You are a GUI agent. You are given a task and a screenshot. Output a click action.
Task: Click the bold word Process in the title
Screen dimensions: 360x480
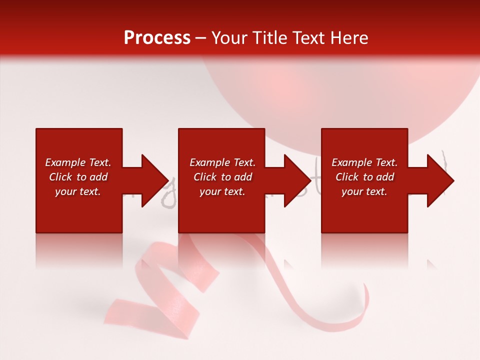[157, 38]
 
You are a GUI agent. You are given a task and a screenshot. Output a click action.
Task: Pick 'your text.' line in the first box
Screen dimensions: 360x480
[78, 191]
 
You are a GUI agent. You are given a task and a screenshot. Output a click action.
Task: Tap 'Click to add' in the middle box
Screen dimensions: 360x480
[222, 177]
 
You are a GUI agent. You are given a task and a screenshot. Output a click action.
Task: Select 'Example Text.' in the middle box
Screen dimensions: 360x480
[222, 162]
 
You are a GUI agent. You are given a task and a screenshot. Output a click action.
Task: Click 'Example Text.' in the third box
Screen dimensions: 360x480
[364, 162]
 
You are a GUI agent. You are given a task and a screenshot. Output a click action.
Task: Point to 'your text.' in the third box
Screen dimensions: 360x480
[364, 191]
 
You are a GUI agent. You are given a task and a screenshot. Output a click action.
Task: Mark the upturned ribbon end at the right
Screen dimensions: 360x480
[364, 300]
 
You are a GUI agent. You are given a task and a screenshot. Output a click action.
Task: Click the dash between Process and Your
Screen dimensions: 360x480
[201, 38]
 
